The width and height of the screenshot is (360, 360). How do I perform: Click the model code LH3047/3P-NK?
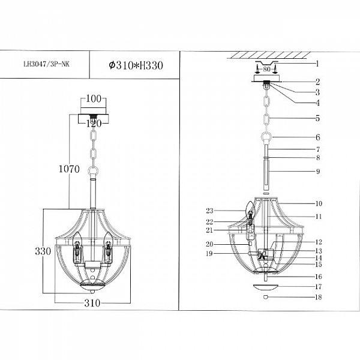(46, 64)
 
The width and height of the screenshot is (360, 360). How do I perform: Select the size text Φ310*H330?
(136, 65)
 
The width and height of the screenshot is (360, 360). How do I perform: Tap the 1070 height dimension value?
(69, 169)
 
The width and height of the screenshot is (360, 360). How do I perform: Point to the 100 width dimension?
(93, 99)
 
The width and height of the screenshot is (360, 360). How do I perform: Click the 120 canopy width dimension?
(94, 124)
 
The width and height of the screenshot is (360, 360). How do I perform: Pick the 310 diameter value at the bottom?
(92, 303)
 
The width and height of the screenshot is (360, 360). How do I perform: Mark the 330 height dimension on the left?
(43, 251)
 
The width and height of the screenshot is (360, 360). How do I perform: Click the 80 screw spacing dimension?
(266, 69)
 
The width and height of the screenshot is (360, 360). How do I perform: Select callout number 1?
(317, 64)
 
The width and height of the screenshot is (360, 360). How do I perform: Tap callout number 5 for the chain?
(317, 118)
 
